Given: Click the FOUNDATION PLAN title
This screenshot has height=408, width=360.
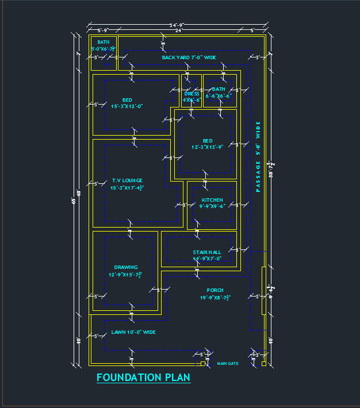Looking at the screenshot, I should click(x=143, y=378).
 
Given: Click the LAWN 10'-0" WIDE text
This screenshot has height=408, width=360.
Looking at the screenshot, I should click(x=133, y=332).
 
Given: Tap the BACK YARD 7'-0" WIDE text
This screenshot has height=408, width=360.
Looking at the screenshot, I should click(x=189, y=57).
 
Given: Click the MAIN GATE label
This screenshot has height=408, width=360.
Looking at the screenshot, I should click(x=227, y=364).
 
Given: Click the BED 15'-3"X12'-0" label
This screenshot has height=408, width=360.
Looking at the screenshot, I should click(x=127, y=103).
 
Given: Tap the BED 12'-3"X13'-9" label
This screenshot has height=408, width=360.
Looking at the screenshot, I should click(x=208, y=144).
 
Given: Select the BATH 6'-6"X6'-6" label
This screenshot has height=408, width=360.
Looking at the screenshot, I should click(x=219, y=93).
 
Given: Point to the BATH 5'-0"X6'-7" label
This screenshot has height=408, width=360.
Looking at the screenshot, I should click(x=104, y=45).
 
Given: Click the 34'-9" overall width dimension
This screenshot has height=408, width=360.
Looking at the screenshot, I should click(x=176, y=25).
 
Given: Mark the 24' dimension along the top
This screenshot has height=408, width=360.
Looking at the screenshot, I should click(x=178, y=30).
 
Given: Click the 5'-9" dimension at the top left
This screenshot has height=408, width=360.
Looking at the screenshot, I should click(x=103, y=30).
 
